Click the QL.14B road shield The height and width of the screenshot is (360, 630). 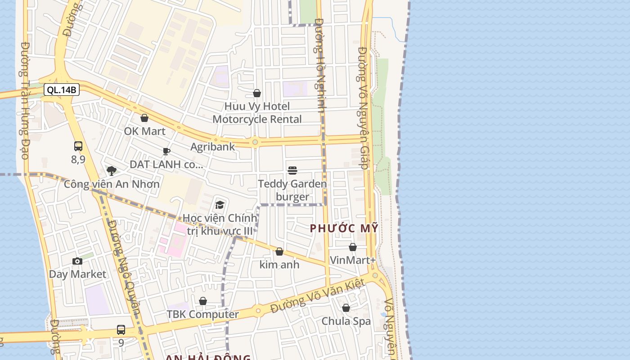click(62, 90)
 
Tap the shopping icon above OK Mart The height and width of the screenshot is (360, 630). click(144, 118)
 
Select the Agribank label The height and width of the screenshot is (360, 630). click(212, 147)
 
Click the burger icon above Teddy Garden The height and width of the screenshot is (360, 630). click(292, 170)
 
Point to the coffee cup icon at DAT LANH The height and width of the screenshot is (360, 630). click(166, 151)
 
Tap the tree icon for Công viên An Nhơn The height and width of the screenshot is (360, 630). click(112, 171)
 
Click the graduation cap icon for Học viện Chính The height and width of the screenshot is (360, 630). click(220, 205)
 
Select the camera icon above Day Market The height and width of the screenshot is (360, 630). click(77, 261)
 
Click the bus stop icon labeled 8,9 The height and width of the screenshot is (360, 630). click(78, 146)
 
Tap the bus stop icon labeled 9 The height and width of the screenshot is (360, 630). click(121, 329)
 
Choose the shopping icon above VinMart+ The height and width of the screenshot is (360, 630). click(353, 247)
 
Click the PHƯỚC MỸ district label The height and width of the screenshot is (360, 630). click(344, 228)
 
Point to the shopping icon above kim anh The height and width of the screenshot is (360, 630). click(279, 252)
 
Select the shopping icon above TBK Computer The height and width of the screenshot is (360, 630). click(203, 301)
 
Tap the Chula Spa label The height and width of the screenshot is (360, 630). click(346, 321)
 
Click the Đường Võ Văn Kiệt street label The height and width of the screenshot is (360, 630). click(318, 295)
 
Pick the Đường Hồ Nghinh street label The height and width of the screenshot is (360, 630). click(320, 65)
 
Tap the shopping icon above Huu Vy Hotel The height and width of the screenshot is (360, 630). click(257, 93)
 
